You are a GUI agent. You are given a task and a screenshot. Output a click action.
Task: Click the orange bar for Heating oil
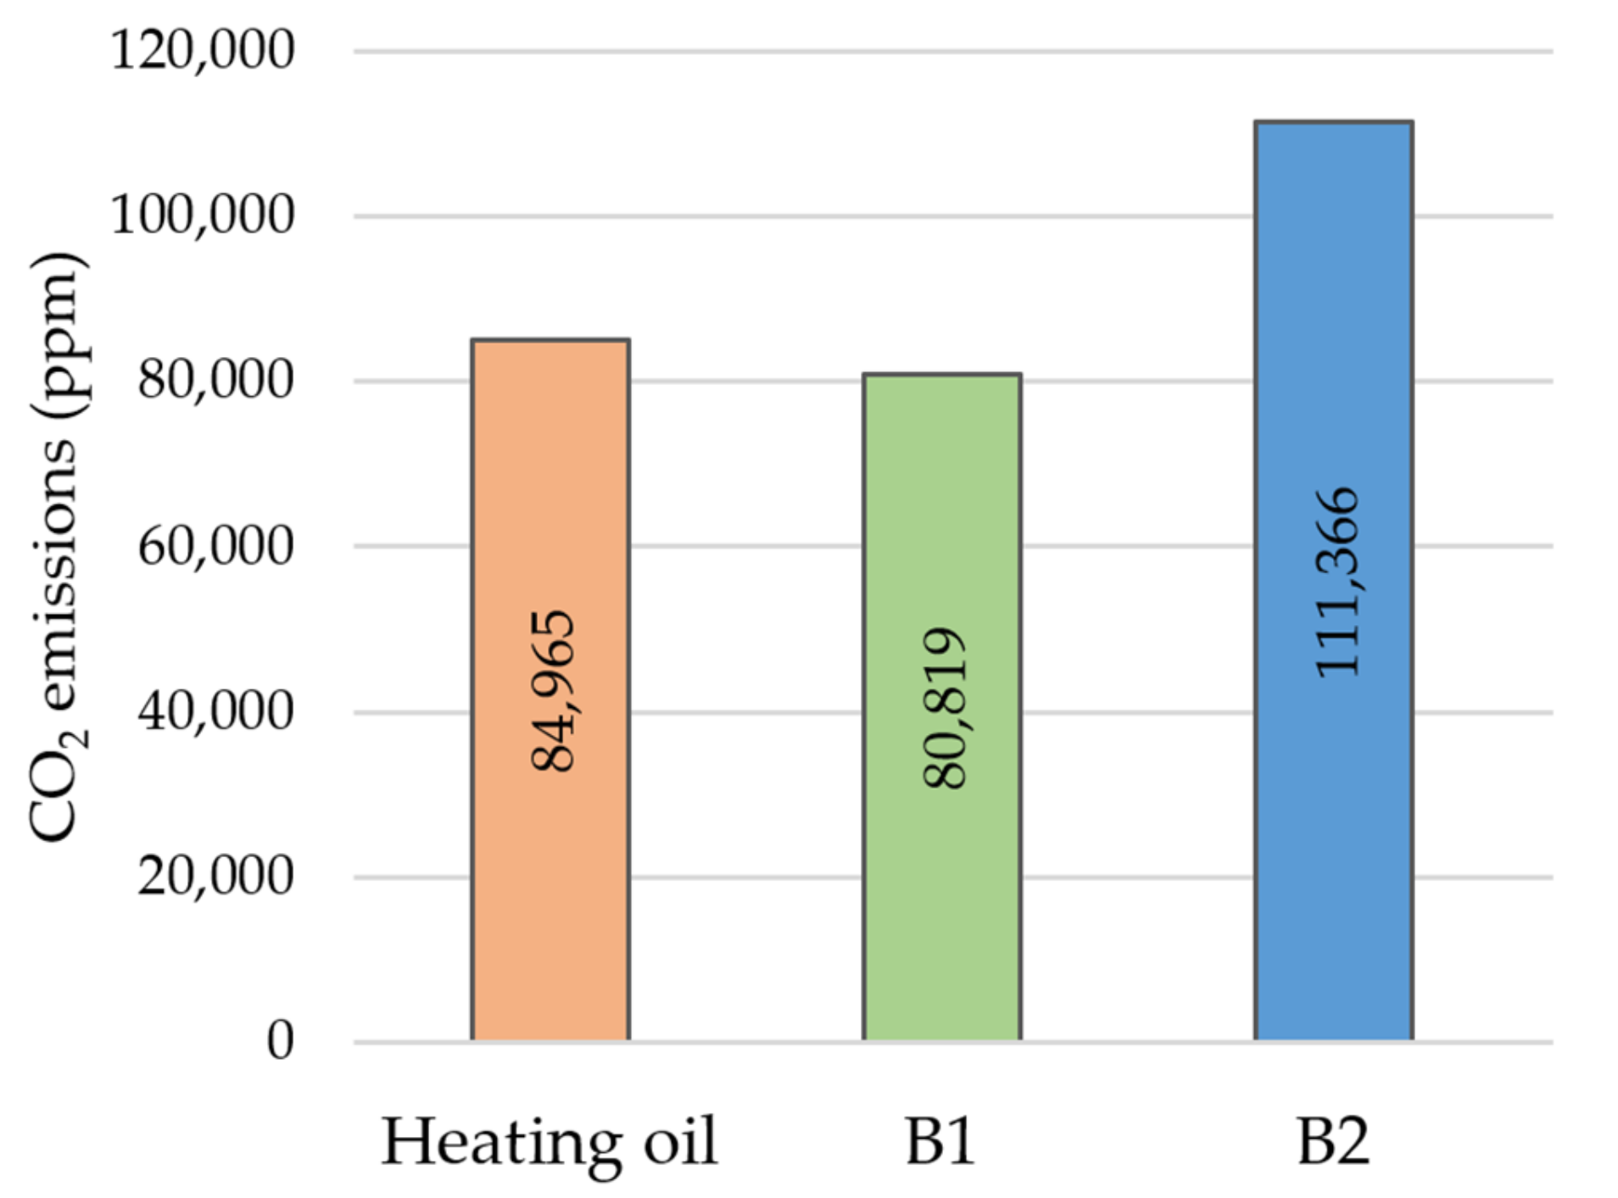(550, 890)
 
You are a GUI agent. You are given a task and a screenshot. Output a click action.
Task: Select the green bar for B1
(941, 916)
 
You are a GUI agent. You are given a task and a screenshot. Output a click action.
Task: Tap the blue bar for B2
(1333, 848)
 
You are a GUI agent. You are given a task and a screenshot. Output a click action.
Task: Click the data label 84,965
(552, 690)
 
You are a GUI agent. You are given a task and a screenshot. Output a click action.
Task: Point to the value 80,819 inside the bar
(943, 708)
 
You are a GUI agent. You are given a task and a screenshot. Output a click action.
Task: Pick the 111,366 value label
(1336, 582)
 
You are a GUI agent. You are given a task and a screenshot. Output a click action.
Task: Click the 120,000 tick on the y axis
(203, 50)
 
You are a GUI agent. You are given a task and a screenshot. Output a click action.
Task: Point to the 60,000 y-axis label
(215, 545)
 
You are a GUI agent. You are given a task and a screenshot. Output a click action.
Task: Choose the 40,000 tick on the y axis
(215, 710)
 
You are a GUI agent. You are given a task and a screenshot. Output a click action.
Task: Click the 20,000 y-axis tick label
(215, 876)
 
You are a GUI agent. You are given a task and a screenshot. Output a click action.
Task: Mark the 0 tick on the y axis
(280, 1040)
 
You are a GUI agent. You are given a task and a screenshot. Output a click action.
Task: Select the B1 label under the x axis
(940, 1142)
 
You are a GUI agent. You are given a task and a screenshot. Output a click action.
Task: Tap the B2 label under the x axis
(1332, 1142)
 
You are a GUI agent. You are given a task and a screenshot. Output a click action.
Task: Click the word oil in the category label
(680, 1142)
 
